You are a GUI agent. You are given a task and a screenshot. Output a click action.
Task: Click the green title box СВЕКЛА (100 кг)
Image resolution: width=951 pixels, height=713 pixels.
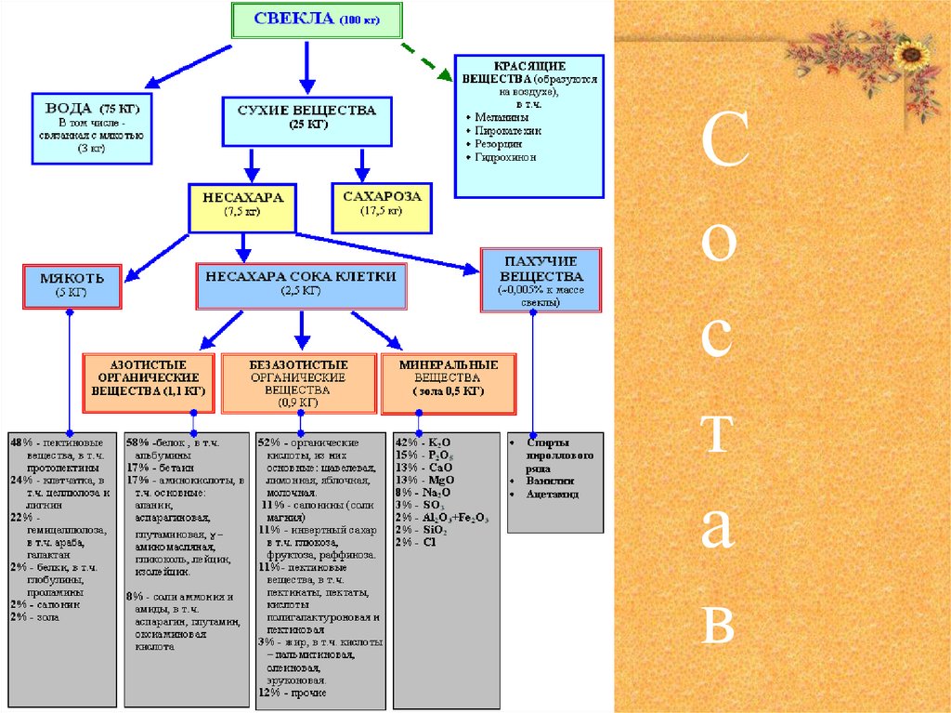317,20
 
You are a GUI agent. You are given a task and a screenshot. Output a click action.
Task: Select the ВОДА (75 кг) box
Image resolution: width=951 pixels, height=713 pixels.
91,127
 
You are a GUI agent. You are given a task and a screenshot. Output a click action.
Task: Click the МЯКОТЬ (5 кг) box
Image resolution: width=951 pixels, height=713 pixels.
72,284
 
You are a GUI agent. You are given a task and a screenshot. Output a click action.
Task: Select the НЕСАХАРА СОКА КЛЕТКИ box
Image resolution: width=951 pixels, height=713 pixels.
301,284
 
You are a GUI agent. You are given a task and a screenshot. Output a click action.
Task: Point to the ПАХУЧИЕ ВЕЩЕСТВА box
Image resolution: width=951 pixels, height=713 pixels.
541,279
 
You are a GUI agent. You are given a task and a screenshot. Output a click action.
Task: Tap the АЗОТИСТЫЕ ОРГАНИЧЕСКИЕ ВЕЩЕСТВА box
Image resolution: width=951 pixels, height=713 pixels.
149,382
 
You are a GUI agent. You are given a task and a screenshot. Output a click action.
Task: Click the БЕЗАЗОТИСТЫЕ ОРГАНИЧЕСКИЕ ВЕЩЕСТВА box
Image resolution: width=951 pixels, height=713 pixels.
297,382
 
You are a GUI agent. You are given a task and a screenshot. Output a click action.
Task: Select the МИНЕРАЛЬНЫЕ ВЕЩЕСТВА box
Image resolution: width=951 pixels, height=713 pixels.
449,382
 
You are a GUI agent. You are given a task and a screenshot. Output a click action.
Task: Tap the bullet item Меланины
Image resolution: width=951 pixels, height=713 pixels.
502,118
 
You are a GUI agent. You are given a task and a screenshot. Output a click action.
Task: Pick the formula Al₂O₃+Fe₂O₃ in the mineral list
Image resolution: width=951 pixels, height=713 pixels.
455,517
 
